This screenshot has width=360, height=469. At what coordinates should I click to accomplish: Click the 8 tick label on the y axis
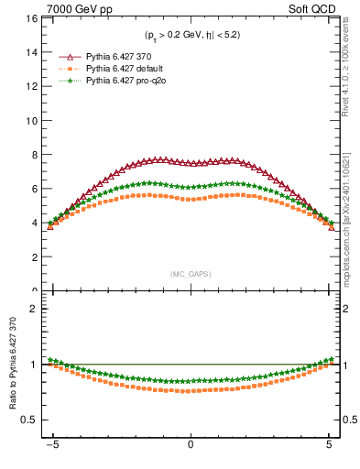click(33, 155)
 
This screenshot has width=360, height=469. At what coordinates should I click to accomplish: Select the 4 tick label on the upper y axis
click(33, 224)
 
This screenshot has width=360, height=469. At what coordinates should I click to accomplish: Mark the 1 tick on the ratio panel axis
click(33, 365)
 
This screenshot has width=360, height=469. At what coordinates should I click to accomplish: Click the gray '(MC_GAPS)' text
click(190, 274)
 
